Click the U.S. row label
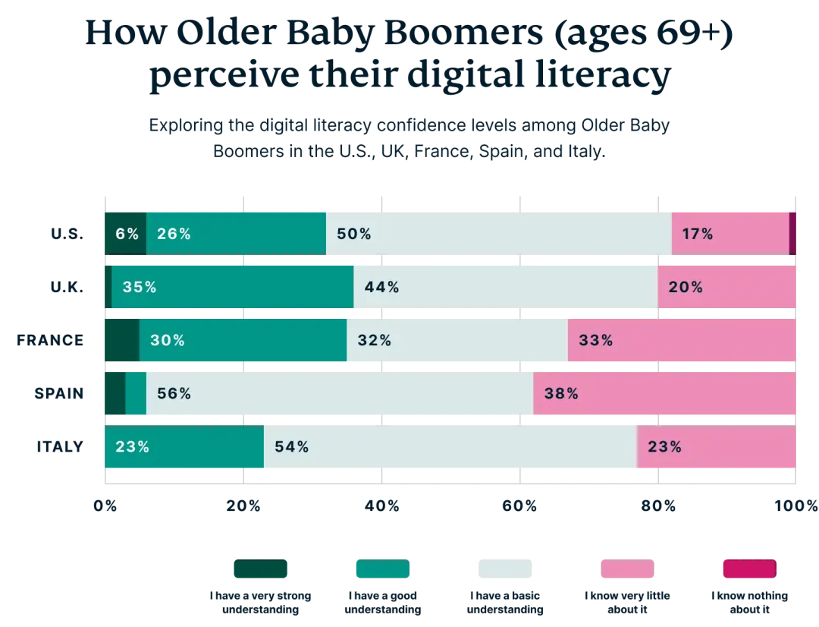(x=67, y=234)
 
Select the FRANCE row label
(x=50, y=340)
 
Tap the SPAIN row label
(x=59, y=393)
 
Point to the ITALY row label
(x=60, y=446)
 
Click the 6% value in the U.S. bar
(x=127, y=234)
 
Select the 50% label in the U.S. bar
(x=353, y=234)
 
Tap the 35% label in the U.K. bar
(x=140, y=287)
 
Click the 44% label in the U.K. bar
(x=381, y=287)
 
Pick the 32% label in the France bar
(x=375, y=340)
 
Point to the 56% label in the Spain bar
(x=174, y=393)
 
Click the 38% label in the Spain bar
(x=561, y=393)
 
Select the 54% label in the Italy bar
(x=291, y=446)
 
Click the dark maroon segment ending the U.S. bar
(x=792, y=234)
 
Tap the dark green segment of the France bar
(x=122, y=340)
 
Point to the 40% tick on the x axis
(x=381, y=506)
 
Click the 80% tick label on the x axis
(x=658, y=506)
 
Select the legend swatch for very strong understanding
(x=261, y=569)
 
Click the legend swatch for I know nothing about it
(x=749, y=569)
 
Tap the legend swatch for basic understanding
(x=505, y=569)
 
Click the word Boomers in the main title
(x=464, y=33)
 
